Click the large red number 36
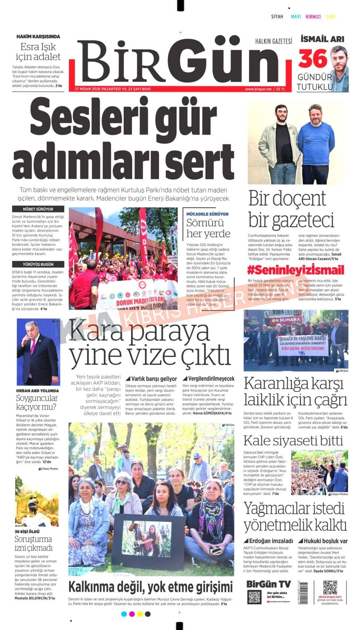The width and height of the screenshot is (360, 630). coord(313,59)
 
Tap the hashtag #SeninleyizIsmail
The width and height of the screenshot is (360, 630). coord(296,269)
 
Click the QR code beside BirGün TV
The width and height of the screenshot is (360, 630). coord(254,597)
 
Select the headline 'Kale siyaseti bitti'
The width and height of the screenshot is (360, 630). coord(293,441)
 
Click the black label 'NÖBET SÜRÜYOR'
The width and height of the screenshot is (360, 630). coord(38,209)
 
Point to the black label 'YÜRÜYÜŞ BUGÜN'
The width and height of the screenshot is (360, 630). coord(38,264)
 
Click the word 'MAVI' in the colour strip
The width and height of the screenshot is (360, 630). coord(296,17)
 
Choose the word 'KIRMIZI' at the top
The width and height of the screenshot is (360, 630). coord(313,17)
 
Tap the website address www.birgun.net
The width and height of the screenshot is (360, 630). coord(258,89)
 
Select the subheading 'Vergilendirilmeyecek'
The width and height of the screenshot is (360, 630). coord(209,379)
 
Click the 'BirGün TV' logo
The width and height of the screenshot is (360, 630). coord(269,584)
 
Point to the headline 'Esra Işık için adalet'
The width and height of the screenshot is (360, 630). coord(38,52)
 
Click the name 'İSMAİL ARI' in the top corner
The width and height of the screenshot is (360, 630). coord(322,39)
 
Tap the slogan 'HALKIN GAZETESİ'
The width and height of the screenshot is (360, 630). coord(273,41)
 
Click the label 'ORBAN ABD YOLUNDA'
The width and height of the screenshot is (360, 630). coord(37,391)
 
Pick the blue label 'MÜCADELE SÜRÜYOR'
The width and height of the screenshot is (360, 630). coord(207,214)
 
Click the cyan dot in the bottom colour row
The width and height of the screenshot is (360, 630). coord(124,614)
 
